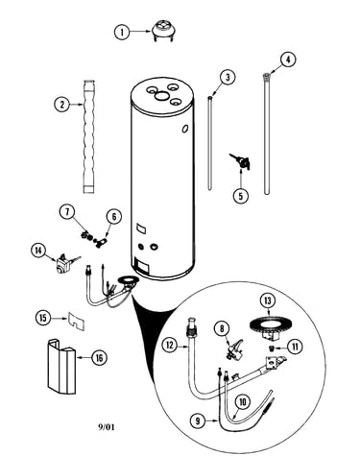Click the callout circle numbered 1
tap(122, 32)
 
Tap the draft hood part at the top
tap(163, 31)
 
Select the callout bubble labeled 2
tap(61, 104)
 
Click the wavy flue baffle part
tap(89, 136)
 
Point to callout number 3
tap(228, 77)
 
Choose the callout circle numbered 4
tap(288, 60)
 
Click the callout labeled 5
tap(241, 195)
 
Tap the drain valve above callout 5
tap(240, 161)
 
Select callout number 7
tap(67, 212)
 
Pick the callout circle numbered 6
tap(114, 217)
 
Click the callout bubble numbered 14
tap(38, 251)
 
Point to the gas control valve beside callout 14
tap(65, 263)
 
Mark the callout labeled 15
tap(43, 318)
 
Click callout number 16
tap(99, 357)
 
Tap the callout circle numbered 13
tap(268, 300)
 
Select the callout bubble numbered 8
tap(222, 328)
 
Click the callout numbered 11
tap(295, 347)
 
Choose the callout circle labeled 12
tap(170, 345)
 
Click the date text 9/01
tap(106, 427)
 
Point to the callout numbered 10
tap(243, 402)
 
